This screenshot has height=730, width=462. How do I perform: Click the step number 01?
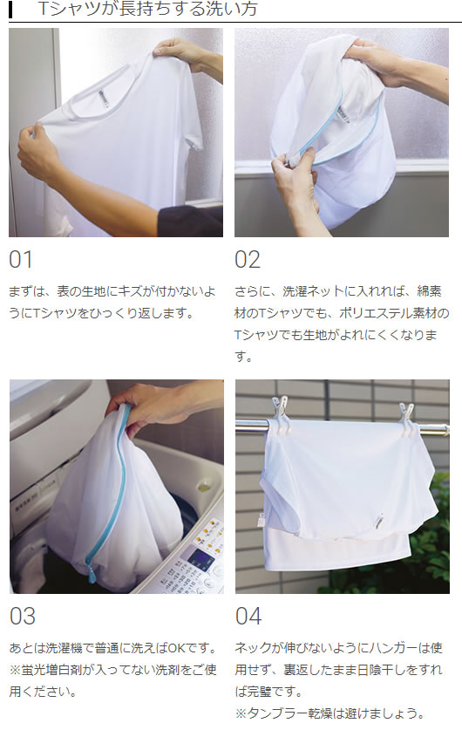21,260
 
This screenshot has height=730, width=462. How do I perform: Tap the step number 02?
248,260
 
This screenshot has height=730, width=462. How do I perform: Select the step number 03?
23,617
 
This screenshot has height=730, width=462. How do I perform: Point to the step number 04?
248,617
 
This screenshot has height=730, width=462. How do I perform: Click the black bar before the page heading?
10,10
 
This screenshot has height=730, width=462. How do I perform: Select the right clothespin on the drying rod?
406,420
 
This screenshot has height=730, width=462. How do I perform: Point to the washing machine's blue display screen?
200,556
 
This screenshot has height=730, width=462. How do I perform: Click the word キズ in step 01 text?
130,291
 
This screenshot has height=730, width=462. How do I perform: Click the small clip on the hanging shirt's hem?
381,521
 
